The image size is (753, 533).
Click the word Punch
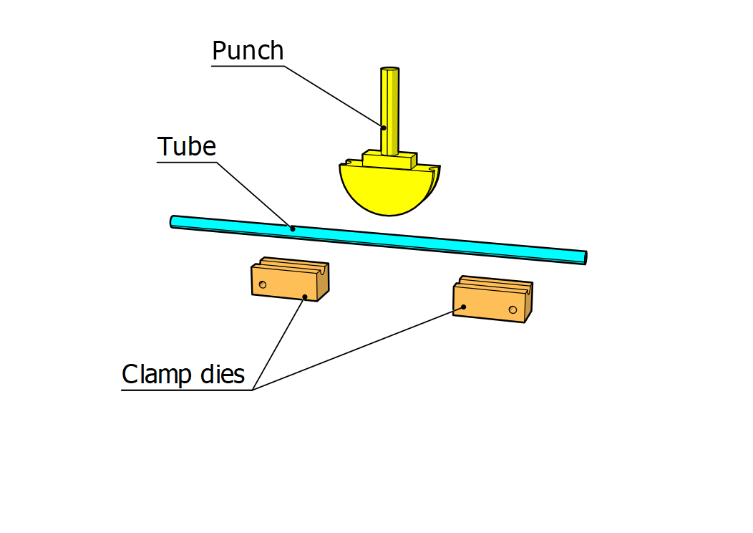click(x=248, y=51)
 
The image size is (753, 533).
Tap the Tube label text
click(x=186, y=146)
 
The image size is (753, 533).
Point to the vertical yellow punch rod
click(x=389, y=107)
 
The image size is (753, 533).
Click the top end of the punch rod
click(x=389, y=70)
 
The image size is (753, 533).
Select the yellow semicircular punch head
click(x=387, y=190)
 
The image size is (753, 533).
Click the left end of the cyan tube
click(x=173, y=221)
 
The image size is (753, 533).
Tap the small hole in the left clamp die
click(x=263, y=285)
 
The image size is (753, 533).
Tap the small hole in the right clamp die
click(x=512, y=309)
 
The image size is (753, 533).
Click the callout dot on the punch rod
click(x=383, y=128)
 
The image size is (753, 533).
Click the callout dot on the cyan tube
click(x=292, y=229)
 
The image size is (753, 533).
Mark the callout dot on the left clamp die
click(x=305, y=297)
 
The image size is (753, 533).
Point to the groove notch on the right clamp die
click(x=528, y=288)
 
